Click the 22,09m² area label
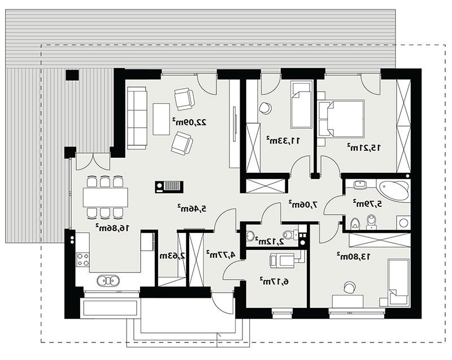(x=189, y=122)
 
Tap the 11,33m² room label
(x=283, y=140)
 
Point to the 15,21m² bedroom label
(x=363, y=148)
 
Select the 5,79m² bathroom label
(x=368, y=203)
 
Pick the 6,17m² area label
(x=274, y=281)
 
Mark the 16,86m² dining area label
(x=112, y=228)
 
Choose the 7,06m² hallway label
(x=303, y=205)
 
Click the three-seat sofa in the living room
(x=137, y=118)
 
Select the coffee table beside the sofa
(x=162, y=119)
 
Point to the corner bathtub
(x=394, y=190)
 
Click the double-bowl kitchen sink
(x=108, y=280)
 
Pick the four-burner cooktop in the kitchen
(x=82, y=259)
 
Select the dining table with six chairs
(x=106, y=197)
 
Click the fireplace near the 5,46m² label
(x=169, y=186)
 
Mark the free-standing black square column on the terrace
(x=72, y=75)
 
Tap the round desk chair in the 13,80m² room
(x=350, y=287)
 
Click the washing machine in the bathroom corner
(x=403, y=223)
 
